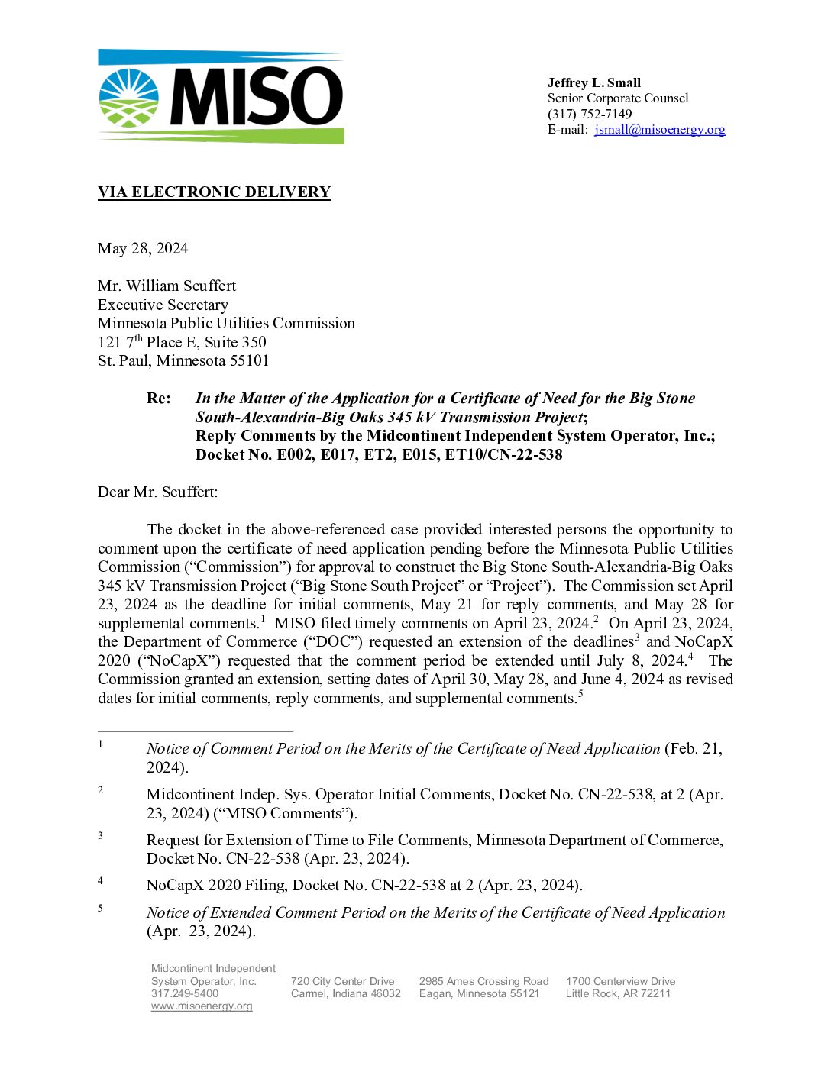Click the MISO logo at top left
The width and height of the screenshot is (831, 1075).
[x=221, y=97]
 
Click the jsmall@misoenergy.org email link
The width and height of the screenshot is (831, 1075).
[x=660, y=130]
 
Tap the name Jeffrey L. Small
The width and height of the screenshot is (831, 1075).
[x=593, y=82]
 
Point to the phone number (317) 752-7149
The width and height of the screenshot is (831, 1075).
[x=590, y=114]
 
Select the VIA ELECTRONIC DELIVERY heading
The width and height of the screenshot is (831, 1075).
[x=214, y=192]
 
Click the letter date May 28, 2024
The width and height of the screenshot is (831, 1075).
[x=143, y=249]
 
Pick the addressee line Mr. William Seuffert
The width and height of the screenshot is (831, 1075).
[x=167, y=286]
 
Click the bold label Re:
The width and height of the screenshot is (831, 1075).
[x=159, y=399]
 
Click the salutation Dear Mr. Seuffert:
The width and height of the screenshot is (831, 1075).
[x=157, y=492]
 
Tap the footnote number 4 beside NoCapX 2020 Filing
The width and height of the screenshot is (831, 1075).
[x=100, y=881]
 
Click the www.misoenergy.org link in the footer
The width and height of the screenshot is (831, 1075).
[x=202, y=1006]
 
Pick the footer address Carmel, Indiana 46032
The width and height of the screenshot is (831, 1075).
[x=345, y=994]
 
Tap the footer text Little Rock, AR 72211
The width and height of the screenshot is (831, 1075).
[x=618, y=994]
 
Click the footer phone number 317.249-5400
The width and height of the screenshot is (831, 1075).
[x=185, y=994]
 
